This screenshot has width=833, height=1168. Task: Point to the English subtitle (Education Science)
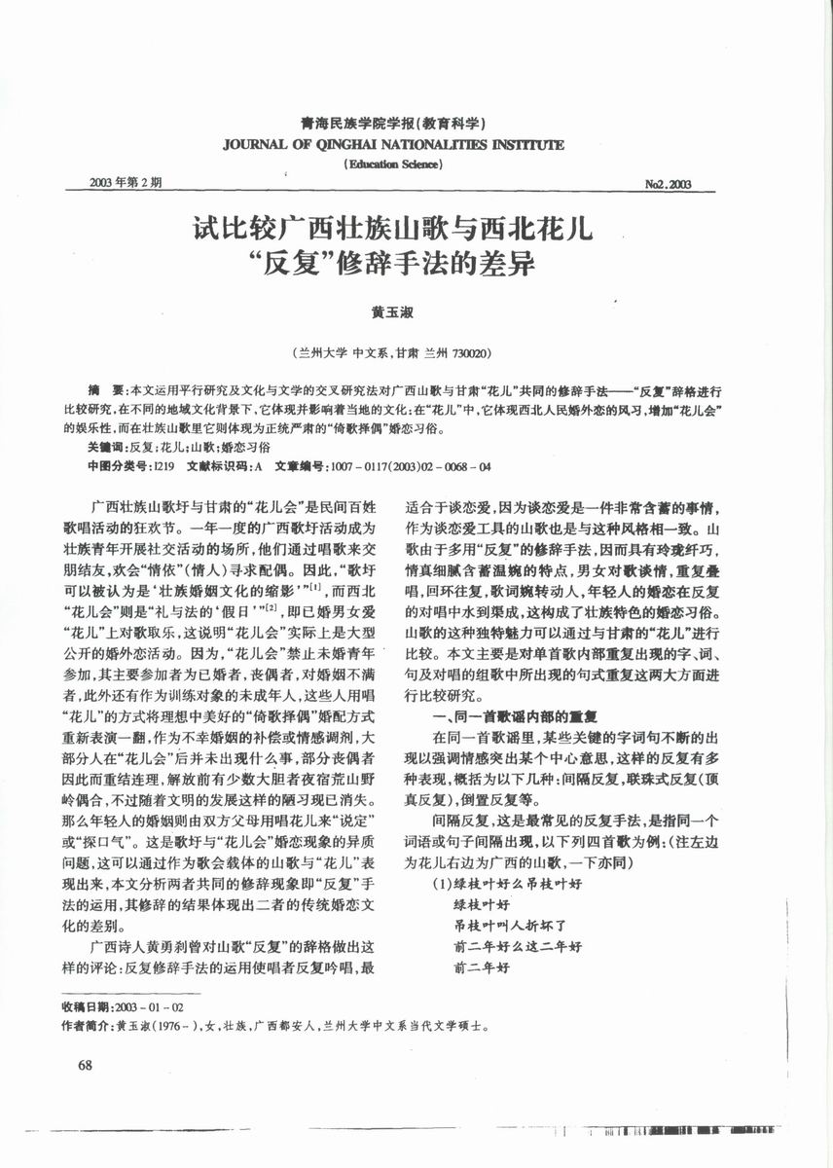pos(394,164)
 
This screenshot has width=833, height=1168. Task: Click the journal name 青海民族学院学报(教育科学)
pos(393,125)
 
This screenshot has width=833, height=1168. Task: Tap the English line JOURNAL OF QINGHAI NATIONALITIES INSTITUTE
pos(393,145)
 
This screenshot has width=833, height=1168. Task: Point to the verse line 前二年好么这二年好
pos(518,946)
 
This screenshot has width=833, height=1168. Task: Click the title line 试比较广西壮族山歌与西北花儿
pos(393,232)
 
